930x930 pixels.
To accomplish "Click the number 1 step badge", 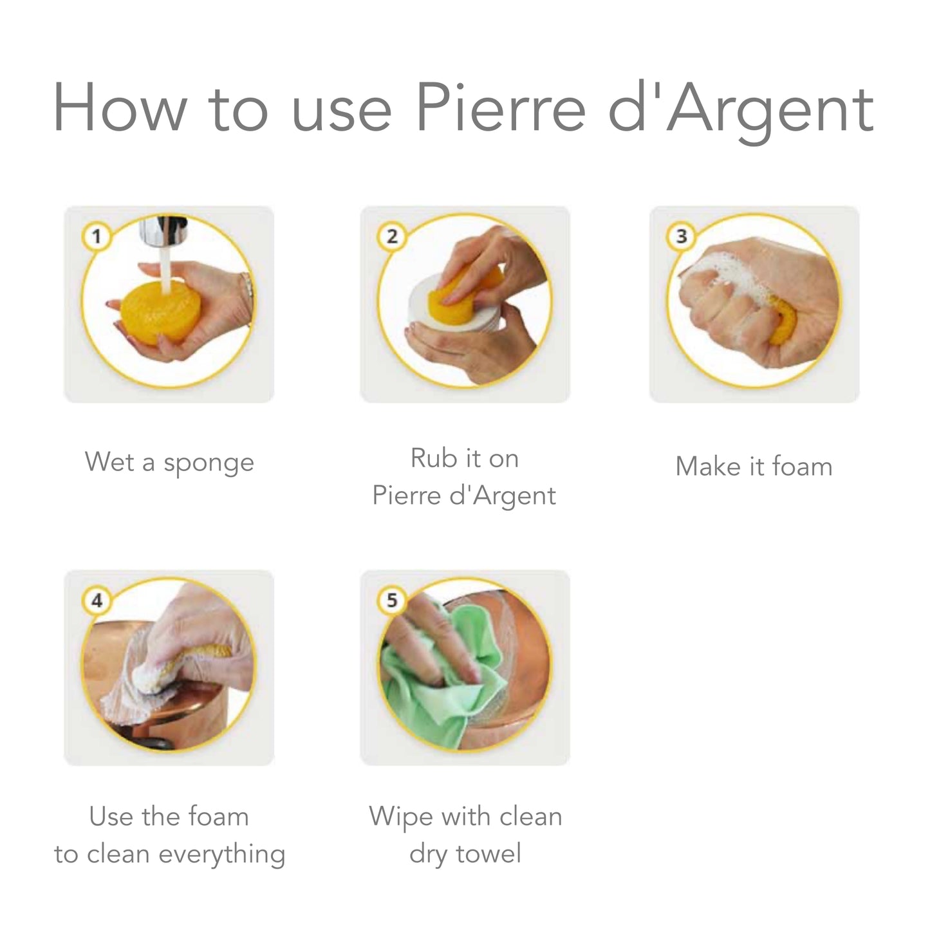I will point(96,237).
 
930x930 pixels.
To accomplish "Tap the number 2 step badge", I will point(391,237).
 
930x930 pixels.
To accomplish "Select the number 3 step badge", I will point(681,237).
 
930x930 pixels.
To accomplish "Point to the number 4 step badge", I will point(96,600).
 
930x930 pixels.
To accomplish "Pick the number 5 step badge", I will point(391,600).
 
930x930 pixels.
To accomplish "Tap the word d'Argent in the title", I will point(740,109).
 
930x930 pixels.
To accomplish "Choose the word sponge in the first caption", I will point(209,463).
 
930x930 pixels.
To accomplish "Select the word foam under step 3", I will point(802,467).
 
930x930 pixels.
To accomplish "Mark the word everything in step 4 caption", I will point(221,855).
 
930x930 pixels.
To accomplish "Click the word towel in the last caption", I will point(488,854).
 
